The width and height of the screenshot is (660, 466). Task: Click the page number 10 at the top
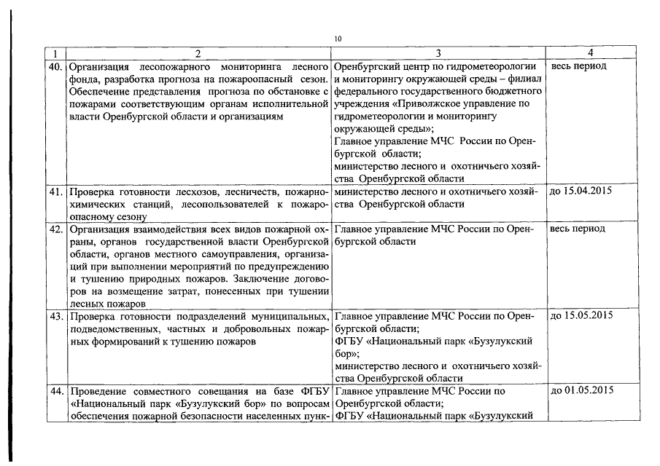(337, 39)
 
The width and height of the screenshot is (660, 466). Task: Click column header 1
(56, 53)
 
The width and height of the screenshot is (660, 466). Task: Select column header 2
(198, 53)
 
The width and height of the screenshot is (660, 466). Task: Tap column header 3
(438, 53)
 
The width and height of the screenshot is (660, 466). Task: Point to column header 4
(590, 53)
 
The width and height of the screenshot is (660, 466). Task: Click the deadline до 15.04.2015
(581, 191)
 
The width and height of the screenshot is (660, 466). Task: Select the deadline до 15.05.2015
(581, 316)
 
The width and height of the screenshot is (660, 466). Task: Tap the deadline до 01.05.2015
(581, 391)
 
